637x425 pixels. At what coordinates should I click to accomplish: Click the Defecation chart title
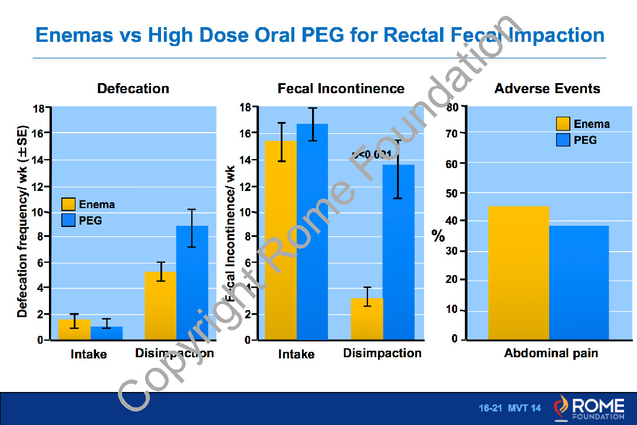click(133, 89)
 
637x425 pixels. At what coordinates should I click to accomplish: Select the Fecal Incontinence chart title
click(341, 89)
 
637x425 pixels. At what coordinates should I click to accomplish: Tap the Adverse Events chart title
click(547, 89)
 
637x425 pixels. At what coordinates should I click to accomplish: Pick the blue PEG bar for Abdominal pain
click(579, 283)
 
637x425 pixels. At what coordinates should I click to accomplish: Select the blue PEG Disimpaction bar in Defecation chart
click(192, 283)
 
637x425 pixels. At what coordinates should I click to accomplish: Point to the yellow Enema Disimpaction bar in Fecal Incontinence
click(367, 319)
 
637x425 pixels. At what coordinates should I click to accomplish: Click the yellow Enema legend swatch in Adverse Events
click(563, 124)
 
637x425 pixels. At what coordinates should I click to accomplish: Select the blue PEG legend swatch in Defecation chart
click(69, 220)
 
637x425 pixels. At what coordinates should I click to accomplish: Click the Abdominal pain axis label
click(551, 354)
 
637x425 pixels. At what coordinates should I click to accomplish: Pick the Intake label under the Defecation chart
click(88, 354)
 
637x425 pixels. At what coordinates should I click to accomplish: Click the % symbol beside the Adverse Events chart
click(438, 236)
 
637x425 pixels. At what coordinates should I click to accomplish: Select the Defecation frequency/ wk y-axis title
click(23, 221)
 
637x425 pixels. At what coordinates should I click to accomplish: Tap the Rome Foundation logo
click(589, 408)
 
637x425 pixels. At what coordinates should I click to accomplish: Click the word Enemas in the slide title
click(74, 35)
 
